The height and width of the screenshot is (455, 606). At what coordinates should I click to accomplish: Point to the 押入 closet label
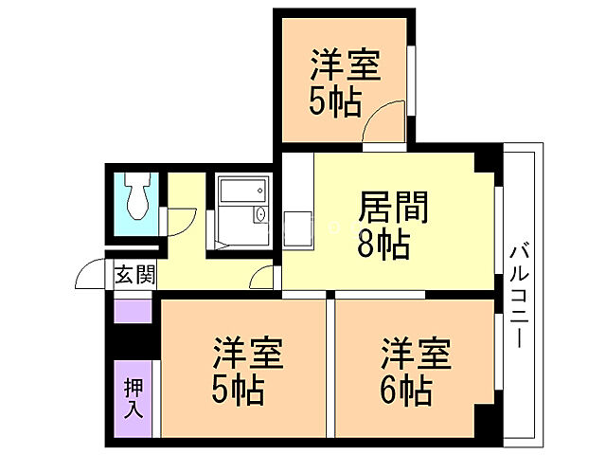tap(134, 396)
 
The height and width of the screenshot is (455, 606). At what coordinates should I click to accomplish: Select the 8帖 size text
tap(383, 246)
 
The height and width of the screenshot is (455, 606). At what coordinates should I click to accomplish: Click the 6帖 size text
tap(408, 389)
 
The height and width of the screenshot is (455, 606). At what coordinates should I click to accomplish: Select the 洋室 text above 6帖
tap(417, 354)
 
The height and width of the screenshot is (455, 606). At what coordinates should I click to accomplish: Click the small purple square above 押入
tap(134, 310)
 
